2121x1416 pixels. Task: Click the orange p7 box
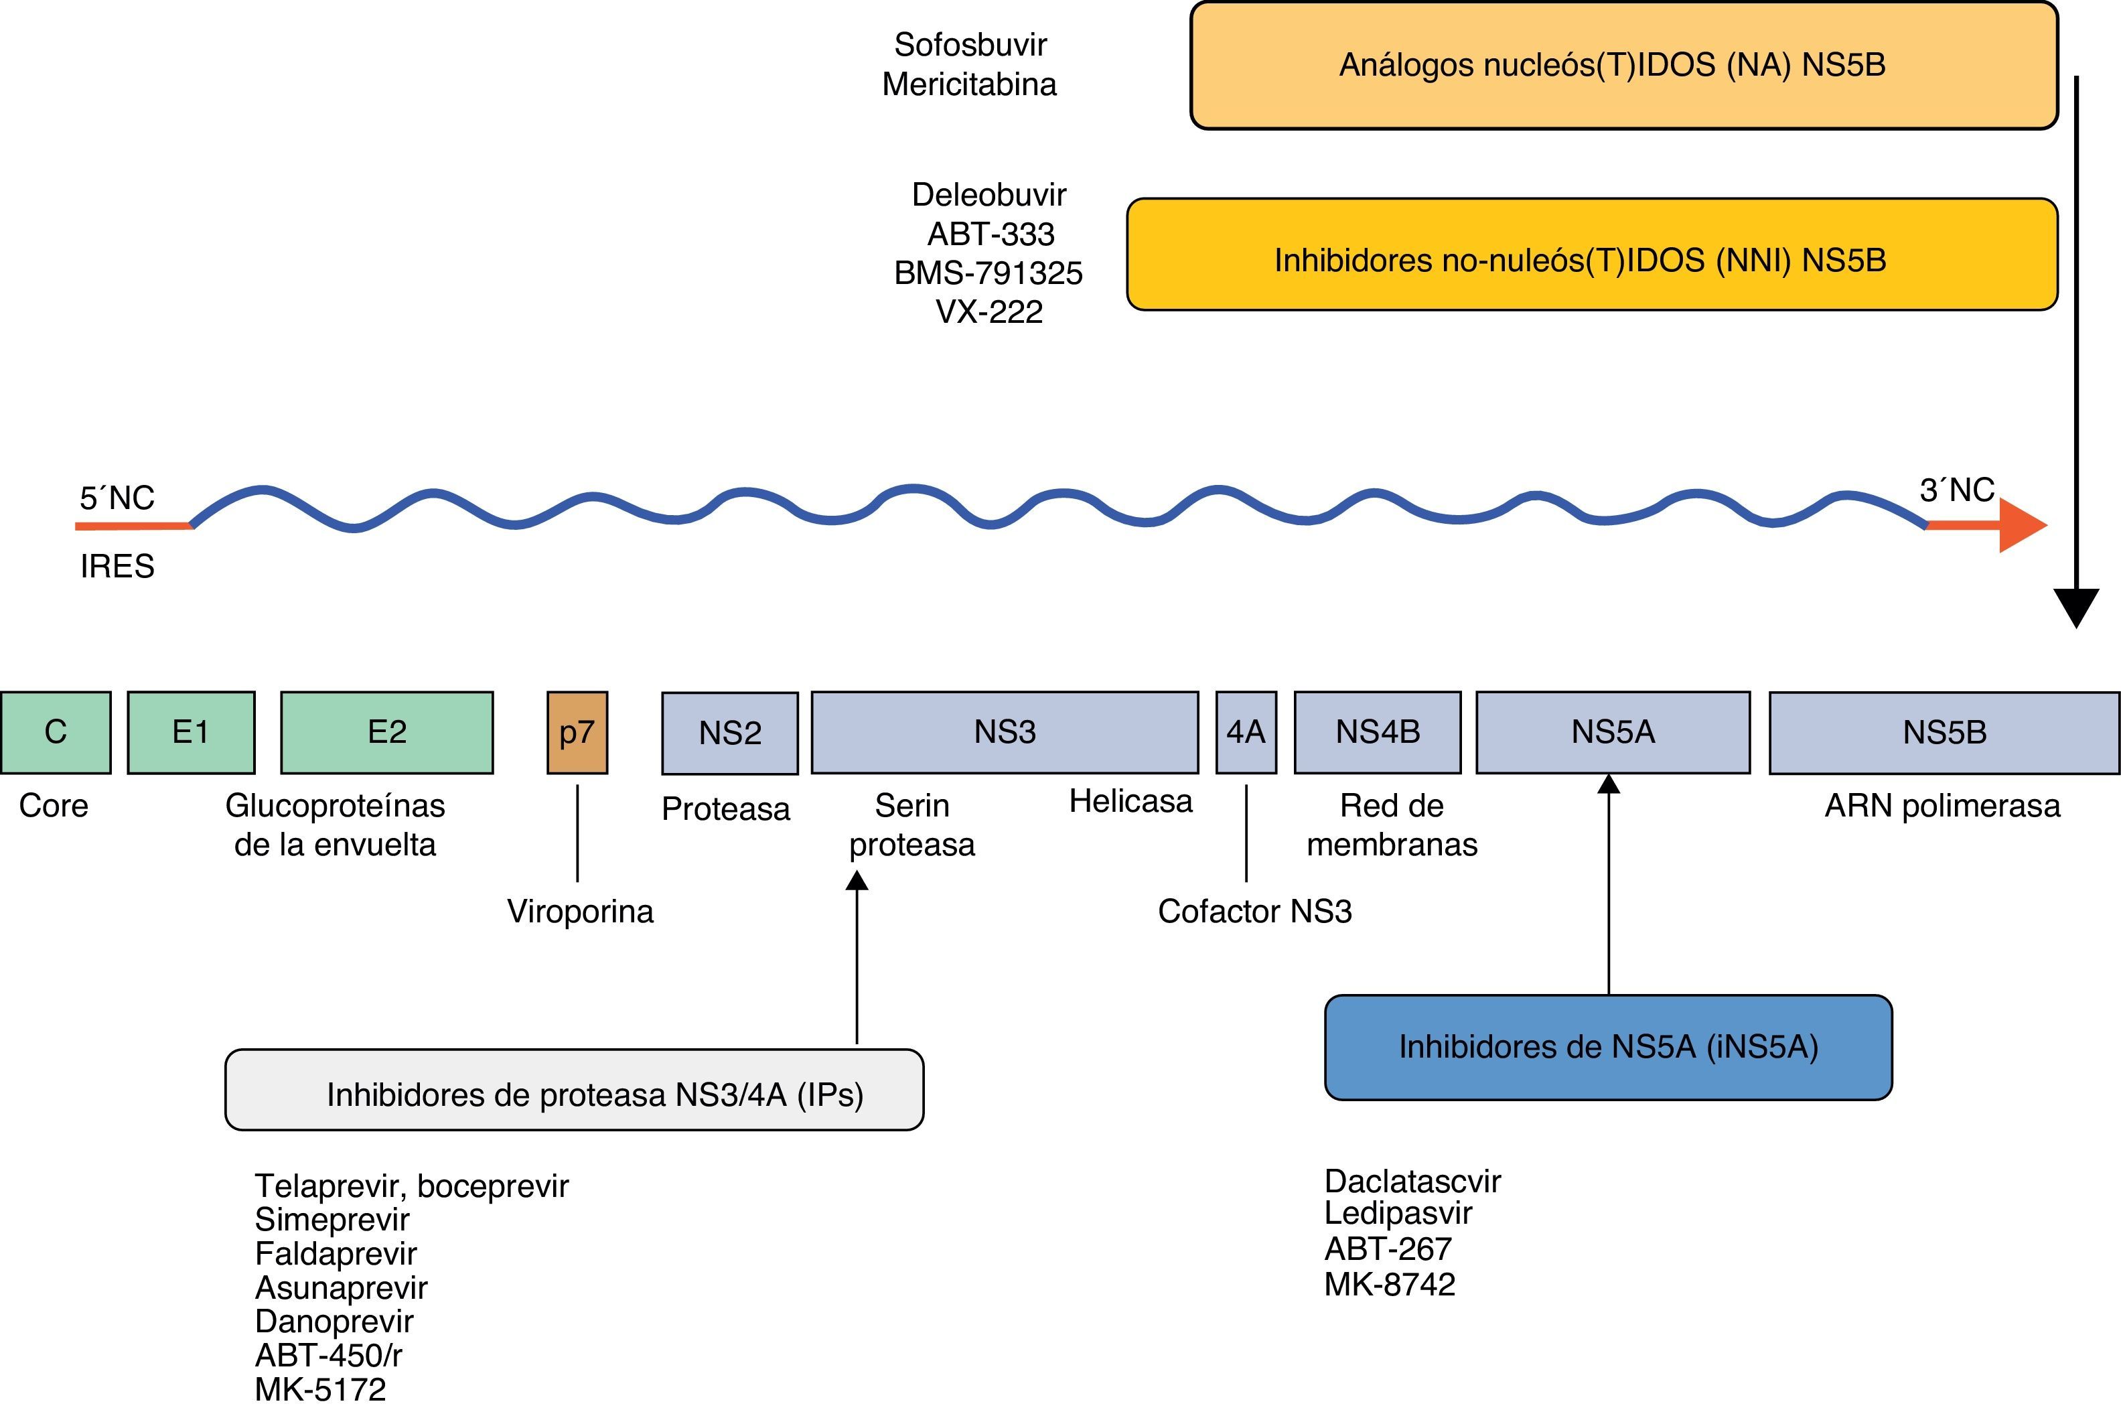click(577, 732)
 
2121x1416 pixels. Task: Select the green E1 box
click(190, 732)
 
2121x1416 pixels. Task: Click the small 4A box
click(1246, 732)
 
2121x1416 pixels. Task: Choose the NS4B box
click(1377, 732)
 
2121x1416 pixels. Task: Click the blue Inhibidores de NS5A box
click(1608, 1048)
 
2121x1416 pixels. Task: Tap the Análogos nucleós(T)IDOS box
click(1623, 66)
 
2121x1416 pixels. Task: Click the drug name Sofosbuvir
click(970, 44)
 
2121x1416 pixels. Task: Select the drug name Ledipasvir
click(1398, 1214)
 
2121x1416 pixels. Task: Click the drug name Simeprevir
click(332, 1220)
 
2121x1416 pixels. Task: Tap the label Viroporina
click(580, 911)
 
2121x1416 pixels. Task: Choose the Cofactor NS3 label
click(1254, 911)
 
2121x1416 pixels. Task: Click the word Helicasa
click(1130, 801)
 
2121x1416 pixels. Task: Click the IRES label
click(117, 566)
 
